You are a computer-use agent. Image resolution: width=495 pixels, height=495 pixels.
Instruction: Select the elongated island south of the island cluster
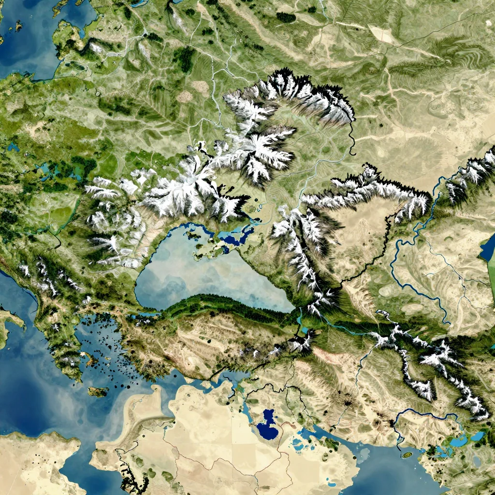[98, 391]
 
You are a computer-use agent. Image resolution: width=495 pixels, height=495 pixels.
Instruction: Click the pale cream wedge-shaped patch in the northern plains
[382, 34]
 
